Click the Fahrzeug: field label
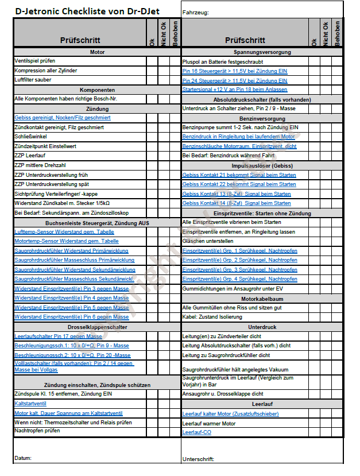[x=195, y=12]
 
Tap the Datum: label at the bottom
[x=24, y=458]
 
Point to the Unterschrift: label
[x=198, y=459]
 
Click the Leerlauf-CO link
[x=196, y=432]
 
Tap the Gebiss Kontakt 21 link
[x=239, y=175]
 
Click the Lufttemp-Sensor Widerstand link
[x=64, y=232]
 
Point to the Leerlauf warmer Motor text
[x=208, y=423]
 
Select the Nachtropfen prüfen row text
[x=37, y=430]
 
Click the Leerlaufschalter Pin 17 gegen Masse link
[x=58, y=336]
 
